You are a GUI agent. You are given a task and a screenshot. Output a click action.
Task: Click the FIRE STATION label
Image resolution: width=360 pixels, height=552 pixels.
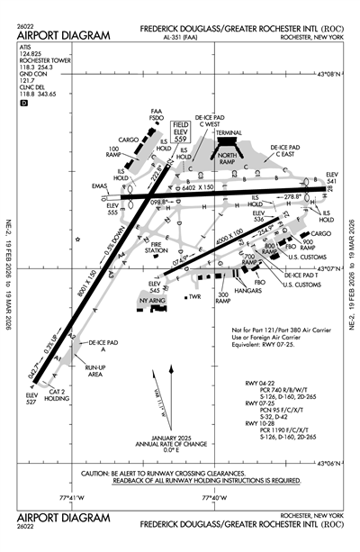[162, 246]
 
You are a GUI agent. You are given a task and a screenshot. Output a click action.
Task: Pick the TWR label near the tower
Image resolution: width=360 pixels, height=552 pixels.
[193, 297]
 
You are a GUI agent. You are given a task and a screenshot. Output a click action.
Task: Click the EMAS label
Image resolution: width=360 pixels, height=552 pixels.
[99, 186]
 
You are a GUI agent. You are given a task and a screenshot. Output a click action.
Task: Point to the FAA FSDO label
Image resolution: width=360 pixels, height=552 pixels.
[156, 115]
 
